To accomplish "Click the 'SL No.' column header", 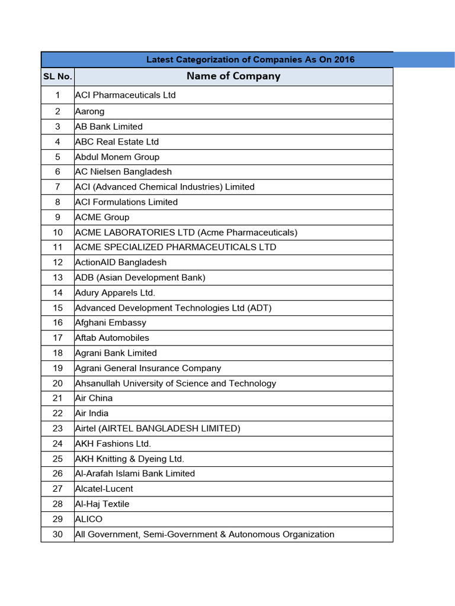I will click(57, 77).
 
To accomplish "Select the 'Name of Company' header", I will click(233, 76).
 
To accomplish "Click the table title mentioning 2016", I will click(250, 60).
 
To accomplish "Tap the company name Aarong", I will click(89, 111).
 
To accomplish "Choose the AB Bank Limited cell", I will click(108, 127).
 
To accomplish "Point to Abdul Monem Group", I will click(117, 157).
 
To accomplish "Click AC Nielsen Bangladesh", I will click(123, 172).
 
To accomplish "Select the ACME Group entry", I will click(102, 217).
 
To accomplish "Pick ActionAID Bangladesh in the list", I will click(120, 262).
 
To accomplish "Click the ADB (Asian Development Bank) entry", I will click(140, 278).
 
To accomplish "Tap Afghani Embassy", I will click(110, 323).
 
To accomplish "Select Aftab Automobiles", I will click(112, 338).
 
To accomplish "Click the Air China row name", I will click(94, 398).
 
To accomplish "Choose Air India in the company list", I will click(92, 413).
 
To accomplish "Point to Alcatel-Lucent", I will click(104, 489).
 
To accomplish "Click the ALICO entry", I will click(88, 519).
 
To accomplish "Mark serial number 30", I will click(57, 534).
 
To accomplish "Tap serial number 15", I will click(57, 308).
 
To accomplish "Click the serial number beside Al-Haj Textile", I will click(57, 504).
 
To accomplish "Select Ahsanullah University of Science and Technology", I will click(175, 383).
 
